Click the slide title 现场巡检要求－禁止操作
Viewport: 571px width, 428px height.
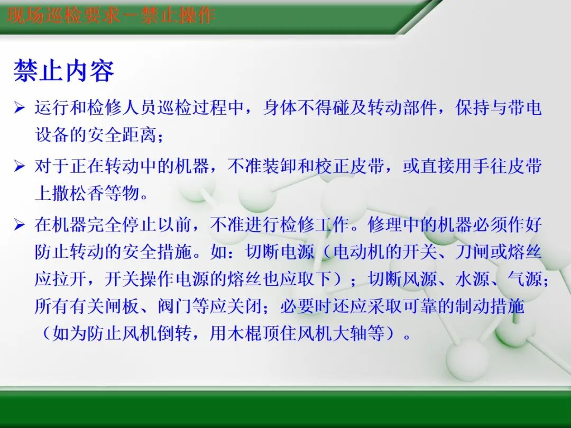click(x=112, y=15)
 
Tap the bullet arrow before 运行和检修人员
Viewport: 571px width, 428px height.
click(x=20, y=109)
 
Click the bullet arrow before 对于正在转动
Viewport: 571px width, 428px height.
click(x=20, y=167)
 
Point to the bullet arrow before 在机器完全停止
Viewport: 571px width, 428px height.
click(x=20, y=225)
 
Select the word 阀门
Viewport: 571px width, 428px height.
click(x=174, y=306)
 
